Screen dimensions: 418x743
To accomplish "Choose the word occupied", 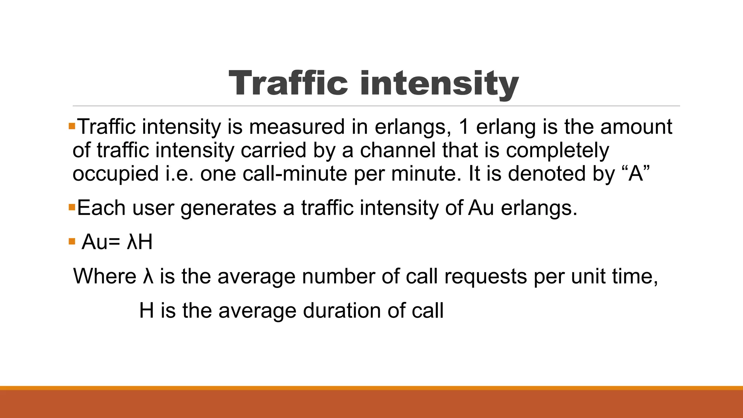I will click(x=115, y=174).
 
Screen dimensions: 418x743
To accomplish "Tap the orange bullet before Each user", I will click(x=72, y=208).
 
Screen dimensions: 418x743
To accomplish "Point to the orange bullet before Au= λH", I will click(x=72, y=241).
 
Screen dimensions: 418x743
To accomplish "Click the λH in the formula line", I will click(x=140, y=242).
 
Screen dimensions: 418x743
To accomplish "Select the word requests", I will click(x=485, y=277).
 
